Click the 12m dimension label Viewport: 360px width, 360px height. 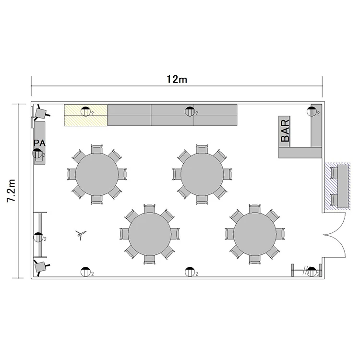[177, 79]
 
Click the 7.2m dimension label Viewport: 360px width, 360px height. [11, 191]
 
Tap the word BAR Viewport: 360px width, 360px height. [285, 131]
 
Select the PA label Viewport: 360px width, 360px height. [39, 143]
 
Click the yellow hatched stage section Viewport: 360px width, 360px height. [85, 115]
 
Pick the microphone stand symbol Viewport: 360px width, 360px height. [81, 234]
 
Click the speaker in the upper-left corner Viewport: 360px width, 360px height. [40, 113]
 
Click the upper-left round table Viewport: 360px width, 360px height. [97, 174]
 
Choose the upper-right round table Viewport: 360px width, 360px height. [202, 174]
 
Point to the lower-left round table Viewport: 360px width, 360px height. [150, 234]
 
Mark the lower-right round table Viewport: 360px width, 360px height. [255, 234]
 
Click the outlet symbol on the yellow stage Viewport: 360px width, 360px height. [85, 111]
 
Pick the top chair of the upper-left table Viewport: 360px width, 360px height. [97, 149]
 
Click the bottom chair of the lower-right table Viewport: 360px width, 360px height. [255, 259]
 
